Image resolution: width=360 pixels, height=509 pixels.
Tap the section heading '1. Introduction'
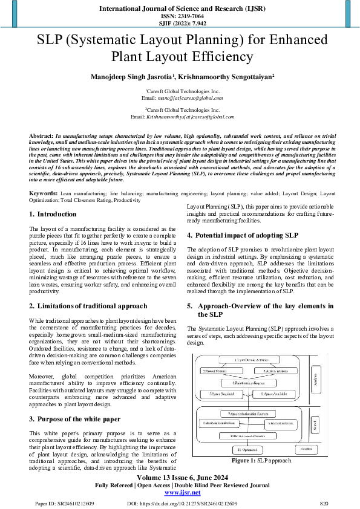(53, 214)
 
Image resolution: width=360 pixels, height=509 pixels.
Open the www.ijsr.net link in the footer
(180, 493)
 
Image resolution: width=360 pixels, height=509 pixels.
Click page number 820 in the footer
(324, 503)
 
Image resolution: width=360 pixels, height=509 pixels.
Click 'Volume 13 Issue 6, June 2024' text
(180, 478)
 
